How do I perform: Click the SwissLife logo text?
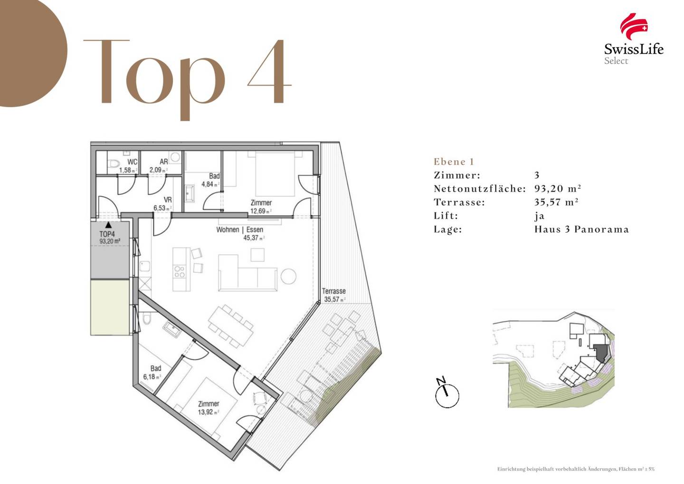[x=634, y=49]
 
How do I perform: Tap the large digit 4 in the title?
[x=269, y=71]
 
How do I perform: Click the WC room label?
[x=133, y=162]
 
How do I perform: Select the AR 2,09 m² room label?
[x=159, y=165]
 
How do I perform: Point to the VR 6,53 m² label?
[x=162, y=204]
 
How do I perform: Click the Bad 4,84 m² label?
[x=211, y=180]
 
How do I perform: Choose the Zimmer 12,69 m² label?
[x=261, y=206]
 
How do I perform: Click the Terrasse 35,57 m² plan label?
[x=334, y=295]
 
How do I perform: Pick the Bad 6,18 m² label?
[x=152, y=372]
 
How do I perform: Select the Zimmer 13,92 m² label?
[x=209, y=407]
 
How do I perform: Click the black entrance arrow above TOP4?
[x=108, y=225]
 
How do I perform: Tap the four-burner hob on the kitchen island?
[x=179, y=271]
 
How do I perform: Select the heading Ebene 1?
[x=454, y=162]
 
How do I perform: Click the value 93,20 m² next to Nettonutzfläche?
[x=558, y=189]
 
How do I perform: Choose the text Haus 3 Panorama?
[x=581, y=229]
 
